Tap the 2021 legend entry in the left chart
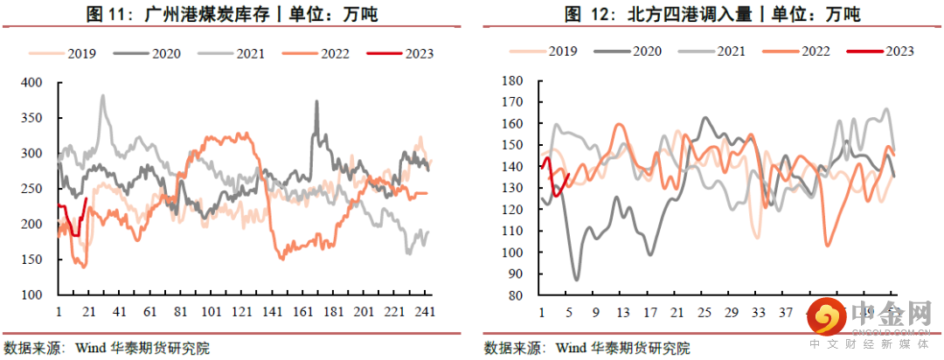pyautogui.click(x=250, y=53)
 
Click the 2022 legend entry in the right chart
pyautogui.click(x=809, y=51)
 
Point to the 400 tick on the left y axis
pyautogui.click(x=31, y=83)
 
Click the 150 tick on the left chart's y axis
pyautogui.click(x=31, y=260)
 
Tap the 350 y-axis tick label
pyautogui.click(x=31, y=118)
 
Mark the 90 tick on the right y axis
pyautogui.click(x=515, y=274)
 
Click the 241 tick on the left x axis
pyautogui.click(x=425, y=312)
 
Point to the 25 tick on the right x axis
pyautogui.click(x=705, y=312)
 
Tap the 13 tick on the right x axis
pyautogui.click(x=623, y=312)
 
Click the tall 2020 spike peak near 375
pyautogui.click(x=316, y=101)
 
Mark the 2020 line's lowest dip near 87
pyautogui.click(x=576, y=280)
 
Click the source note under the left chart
pyautogui.click(x=107, y=348)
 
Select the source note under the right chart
pyautogui.click(x=587, y=348)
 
